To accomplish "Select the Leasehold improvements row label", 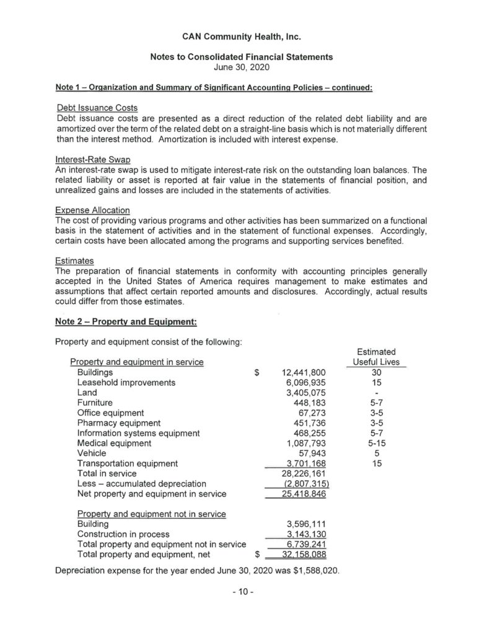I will (126, 383).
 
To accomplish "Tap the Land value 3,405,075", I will (304, 393).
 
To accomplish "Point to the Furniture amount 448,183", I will (308, 402).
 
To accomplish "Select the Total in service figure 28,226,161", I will (299, 473).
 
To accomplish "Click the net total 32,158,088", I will (299, 554).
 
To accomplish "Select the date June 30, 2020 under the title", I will (242, 66).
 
